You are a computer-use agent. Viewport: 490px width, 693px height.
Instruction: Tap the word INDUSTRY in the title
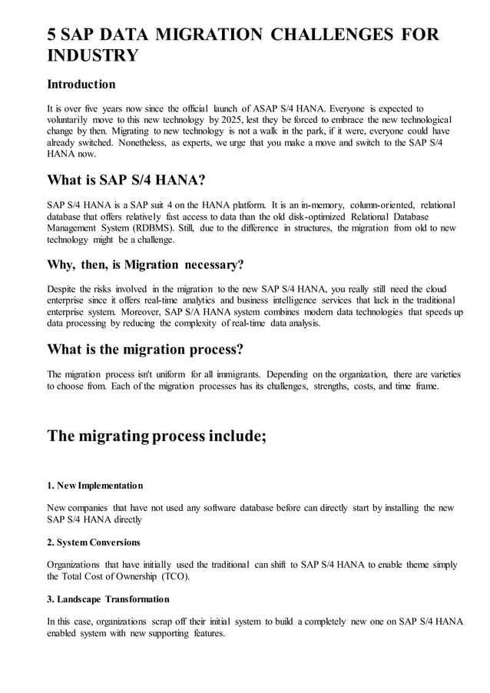click(x=93, y=56)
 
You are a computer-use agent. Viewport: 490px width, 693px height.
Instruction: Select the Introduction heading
click(x=81, y=84)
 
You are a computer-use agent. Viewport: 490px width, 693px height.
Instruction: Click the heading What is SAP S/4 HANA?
click(x=126, y=181)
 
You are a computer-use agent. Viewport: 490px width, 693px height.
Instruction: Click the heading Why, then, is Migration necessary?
click(x=145, y=265)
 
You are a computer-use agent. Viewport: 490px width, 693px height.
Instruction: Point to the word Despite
click(x=64, y=288)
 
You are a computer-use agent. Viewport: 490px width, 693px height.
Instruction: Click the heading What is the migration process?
click(x=145, y=350)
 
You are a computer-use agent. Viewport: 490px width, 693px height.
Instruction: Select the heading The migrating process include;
click(x=157, y=436)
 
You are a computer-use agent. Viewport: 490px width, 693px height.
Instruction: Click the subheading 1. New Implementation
click(x=95, y=486)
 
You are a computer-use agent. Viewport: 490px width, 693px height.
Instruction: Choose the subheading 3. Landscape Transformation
click(x=108, y=598)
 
